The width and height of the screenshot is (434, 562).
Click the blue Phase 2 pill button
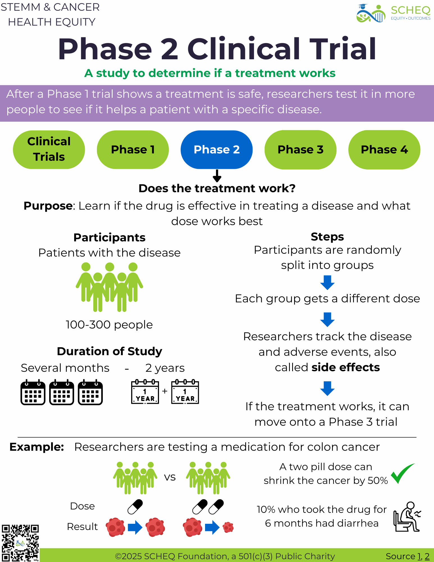click(217, 149)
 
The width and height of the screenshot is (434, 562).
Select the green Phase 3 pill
click(300, 149)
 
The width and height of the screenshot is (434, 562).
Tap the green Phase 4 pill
click(384, 149)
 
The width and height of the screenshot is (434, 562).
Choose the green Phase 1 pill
click(133, 149)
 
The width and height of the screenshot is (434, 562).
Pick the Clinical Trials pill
click(49, 149)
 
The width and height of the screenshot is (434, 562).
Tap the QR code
click(20, 543)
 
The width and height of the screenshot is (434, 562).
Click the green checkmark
click(402, 473)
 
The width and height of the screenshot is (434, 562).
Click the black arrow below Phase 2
click(217, 176)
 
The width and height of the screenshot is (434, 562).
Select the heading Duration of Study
click(110, 351)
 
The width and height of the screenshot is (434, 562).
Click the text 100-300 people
click(109, 325)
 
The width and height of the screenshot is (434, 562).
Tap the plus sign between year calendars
click(165, 391)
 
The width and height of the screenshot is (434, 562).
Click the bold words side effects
click(346, 367)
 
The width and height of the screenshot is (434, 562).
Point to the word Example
click(37, 447)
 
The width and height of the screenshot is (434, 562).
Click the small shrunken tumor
click(228, 527)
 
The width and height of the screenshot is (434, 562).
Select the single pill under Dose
click(135, 507)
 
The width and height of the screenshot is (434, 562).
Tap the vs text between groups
click(170, 477)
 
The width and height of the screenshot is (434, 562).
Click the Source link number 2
click(427, 556)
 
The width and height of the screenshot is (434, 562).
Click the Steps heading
click(327, 237)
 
